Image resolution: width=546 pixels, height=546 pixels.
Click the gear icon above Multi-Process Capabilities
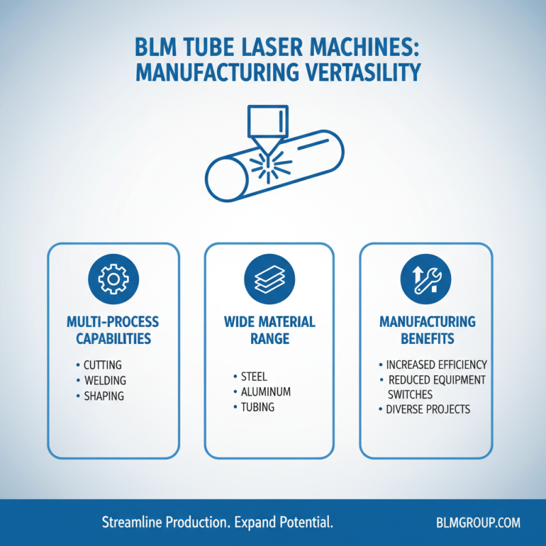tap(113, 279)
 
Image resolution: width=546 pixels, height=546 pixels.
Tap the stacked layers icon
tap(269, 279)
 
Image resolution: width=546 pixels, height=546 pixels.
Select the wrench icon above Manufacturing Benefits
tap(426, 279)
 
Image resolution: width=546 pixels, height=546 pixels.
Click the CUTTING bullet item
tap(102, 365)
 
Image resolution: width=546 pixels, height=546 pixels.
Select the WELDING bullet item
tap(104, 381)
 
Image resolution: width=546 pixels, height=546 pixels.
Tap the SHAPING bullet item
tap(104, 397)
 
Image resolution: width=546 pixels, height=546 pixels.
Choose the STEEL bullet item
tap(254, 376)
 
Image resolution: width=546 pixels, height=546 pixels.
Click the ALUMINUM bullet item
tap(265, 392)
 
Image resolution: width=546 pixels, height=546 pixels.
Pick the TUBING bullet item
tap(257, 407)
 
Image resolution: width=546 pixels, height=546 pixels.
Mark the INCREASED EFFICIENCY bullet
tap(436, 364)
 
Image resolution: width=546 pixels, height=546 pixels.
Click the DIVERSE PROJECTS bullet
tap(428, 409)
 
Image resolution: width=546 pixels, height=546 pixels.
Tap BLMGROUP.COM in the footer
tap(478, 523)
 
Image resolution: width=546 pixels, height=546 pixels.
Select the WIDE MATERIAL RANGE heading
tap(269, 329)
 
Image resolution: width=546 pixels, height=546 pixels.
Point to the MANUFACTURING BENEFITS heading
tap(427, 329)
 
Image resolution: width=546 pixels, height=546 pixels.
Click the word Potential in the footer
tap(305, 523)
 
